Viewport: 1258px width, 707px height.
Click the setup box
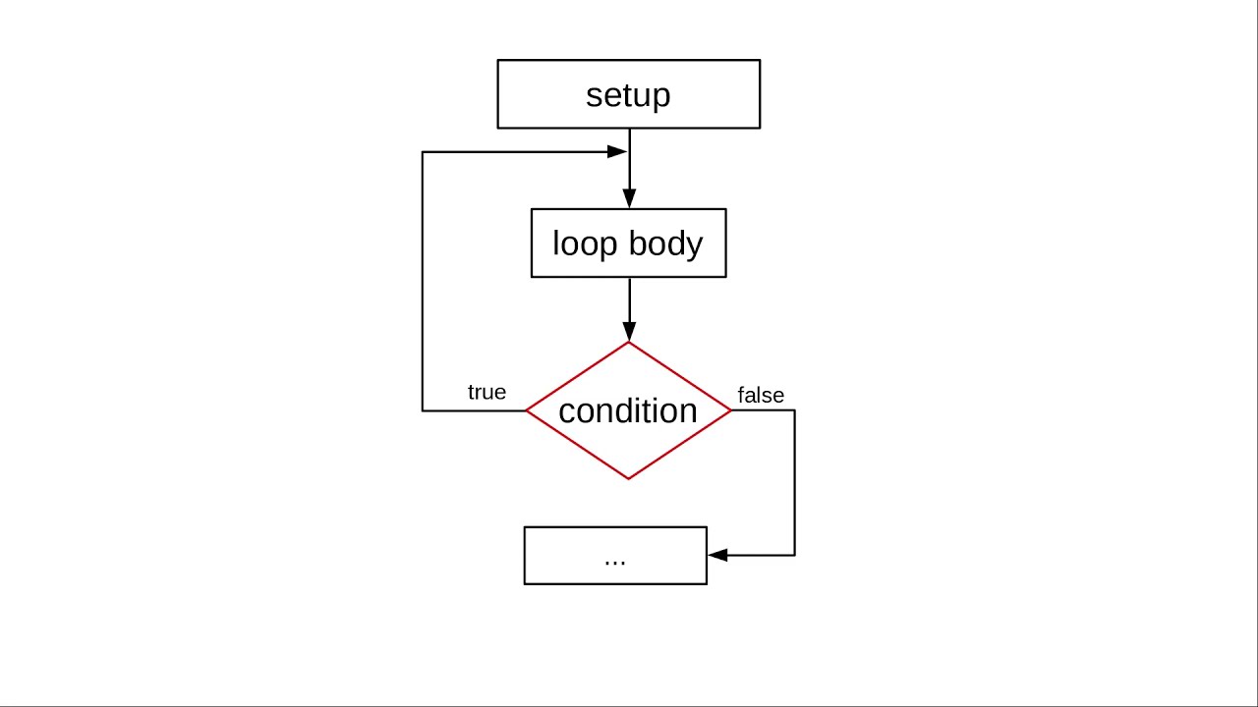pos(629,94)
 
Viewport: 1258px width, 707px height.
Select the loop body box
pos(629,243)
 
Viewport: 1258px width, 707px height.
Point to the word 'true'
pos(486,393)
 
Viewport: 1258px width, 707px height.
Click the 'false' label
pos(761,395)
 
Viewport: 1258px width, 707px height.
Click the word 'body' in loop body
pos(663,243)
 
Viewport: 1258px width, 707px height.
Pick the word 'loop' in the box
pos(585,244)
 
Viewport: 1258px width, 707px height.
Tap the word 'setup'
pos(628,95)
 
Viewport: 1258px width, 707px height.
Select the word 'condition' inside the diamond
pos(628,410)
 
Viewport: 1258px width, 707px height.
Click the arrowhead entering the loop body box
pos(629,199)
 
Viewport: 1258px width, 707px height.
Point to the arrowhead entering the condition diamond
pos(629,332)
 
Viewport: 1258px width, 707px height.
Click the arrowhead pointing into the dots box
pos(717,555)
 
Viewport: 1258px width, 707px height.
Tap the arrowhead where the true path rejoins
pos(617,151)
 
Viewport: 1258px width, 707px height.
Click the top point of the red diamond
pos(629,343)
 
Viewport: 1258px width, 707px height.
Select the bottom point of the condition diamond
pos(629,478)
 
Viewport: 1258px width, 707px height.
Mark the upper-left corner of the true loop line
pos(423,152)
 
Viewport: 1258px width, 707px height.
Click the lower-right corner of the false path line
pos(794,555)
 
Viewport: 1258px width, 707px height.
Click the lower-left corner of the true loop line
pos(423,410)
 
